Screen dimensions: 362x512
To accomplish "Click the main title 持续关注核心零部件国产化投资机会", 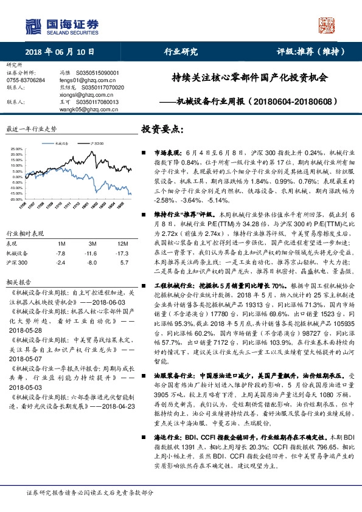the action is (250, 78).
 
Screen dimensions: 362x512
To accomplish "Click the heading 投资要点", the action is (162, 130).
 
